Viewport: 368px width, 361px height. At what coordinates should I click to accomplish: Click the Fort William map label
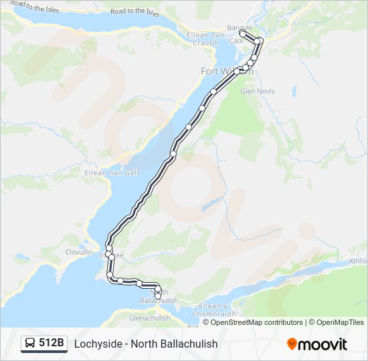[221, 71]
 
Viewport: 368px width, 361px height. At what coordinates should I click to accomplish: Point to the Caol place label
[236, 41]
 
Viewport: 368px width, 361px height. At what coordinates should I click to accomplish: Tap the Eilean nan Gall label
[101, 172]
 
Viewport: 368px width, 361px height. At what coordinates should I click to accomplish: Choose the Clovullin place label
[78, 253]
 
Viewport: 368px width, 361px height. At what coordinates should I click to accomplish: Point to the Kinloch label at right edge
[358, 261]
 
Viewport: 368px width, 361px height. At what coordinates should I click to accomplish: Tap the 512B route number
[52, 344]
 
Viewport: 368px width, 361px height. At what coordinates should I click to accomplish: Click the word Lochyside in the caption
[98, 344]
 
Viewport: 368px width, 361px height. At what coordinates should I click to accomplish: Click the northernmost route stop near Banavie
[242, 32]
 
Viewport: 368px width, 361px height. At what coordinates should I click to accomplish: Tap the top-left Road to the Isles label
[35, 8]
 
